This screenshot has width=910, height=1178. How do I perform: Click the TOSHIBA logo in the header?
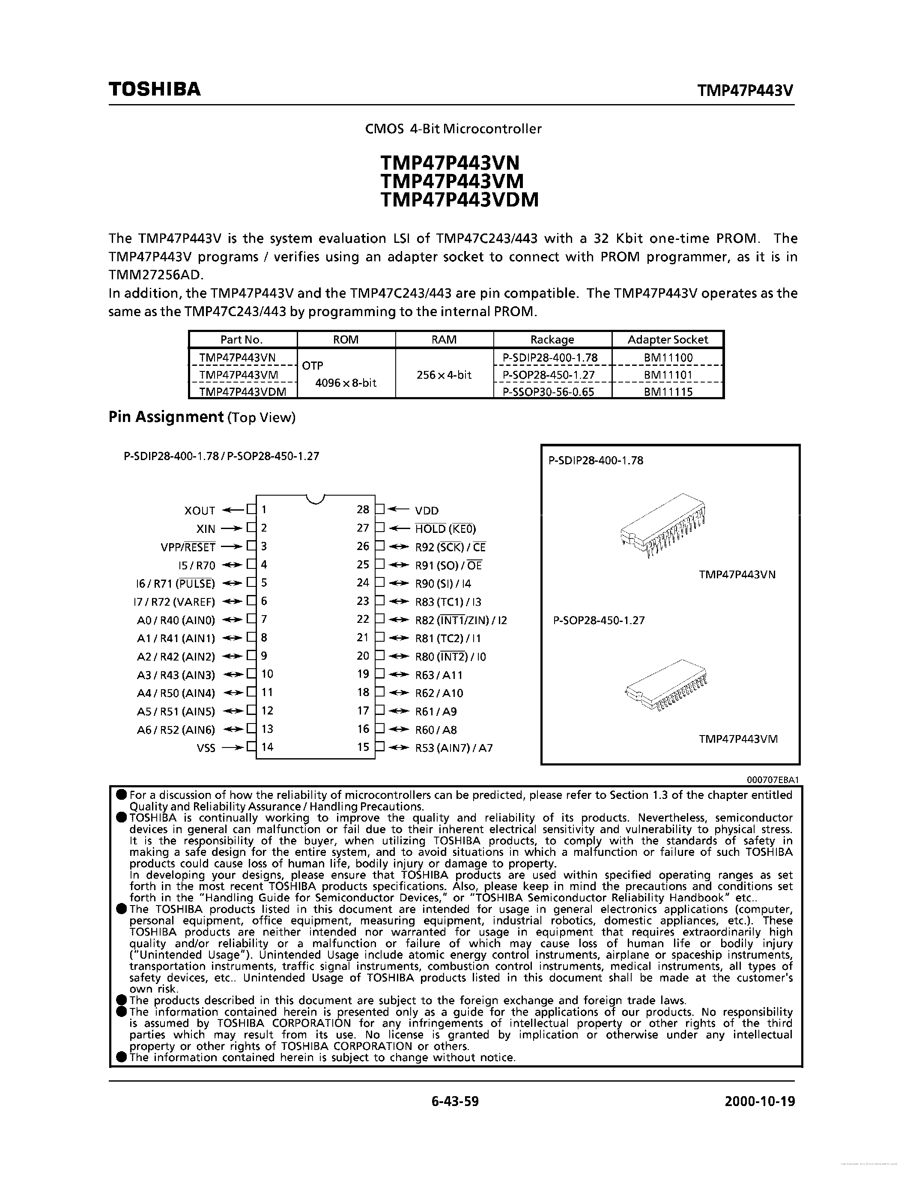pyautogui.click(x=154, y=89)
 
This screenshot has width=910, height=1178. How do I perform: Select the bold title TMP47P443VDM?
pyautogui.click(x=459, y=200)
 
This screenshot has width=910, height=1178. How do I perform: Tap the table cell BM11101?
pyautogui.click(x=668, y=374)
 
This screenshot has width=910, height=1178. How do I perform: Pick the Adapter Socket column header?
pyautogui.click(x=668, y=339)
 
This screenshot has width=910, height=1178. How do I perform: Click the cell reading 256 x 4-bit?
pyautogui.click(x=444, y=374)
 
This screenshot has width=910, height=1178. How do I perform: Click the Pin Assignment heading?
pyautogui.click(x=166, y=416)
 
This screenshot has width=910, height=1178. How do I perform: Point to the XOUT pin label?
pyautogui.click(x=200, y=510)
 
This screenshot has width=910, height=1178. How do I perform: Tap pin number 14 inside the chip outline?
pyautogui.click(x=267, y=747)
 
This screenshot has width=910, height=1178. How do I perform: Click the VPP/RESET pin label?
pyautogui.click(x=188, y=547)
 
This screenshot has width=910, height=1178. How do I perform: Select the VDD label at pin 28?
pyautogui.click(x=427, y=510)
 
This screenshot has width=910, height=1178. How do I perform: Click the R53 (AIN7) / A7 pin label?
pyautogui.click(x=454, y=747)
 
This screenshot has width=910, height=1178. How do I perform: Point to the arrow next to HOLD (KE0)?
pyautogui.click(x=400, y=529)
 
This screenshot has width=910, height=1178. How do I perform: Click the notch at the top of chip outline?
pyautogui.click(x=315, y=499)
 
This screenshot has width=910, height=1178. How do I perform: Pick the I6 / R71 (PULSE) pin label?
pyautogui.click(x=176, y=583)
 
